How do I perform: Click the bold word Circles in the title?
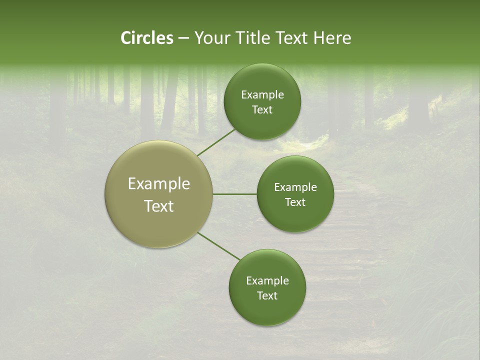coord(146,38)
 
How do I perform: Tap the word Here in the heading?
coord(332,38)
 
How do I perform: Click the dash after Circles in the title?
coord(183,38)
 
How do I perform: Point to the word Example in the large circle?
coord(159,184)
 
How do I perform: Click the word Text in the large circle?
coord(159,206)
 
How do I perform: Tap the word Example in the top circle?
coord(262,95)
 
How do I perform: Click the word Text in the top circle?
coord(262,110)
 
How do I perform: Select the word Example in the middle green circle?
coord(295,187)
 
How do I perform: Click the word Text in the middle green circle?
coord(295,202)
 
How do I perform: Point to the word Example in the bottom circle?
coord(267,281)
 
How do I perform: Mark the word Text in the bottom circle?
coord(267,296)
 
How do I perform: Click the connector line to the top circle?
coord(216,142)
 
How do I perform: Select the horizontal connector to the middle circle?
coord(235,194)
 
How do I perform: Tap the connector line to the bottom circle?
coord(219,246)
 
